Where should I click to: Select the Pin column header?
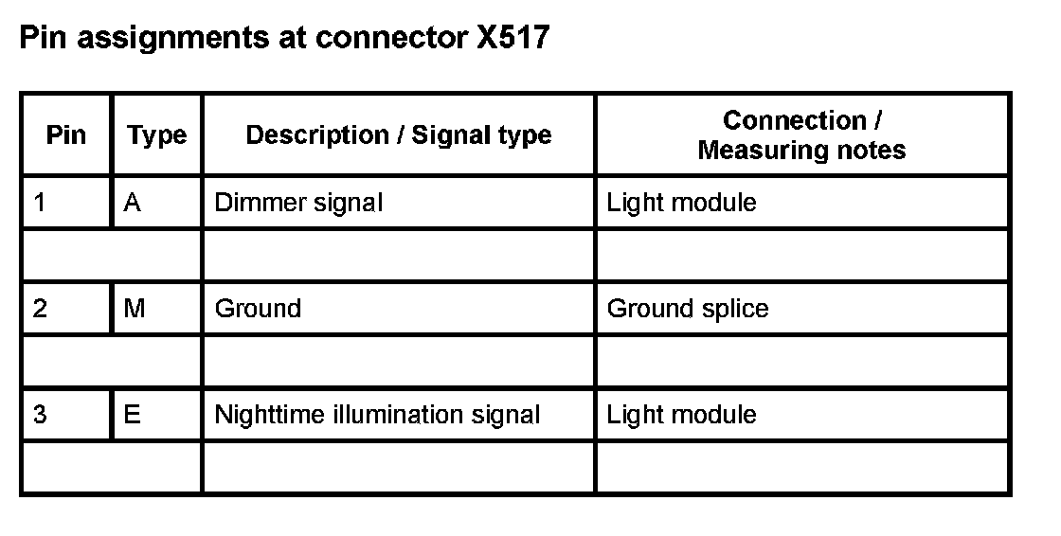(x=65, y=135)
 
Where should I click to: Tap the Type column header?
(x=156, y=135)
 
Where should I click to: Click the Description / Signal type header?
(x=398, y=135)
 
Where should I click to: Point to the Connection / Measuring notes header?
(x=801, y=135)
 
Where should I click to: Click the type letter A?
(x=133, y=203)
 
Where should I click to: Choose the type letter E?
(x=133, y=415)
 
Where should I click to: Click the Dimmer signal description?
(x=298, y=203)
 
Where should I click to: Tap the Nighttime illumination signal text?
(x=377, y=415)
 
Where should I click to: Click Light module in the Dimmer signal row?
(x=681, y=203)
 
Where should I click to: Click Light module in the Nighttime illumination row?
(x=681, y=415)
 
